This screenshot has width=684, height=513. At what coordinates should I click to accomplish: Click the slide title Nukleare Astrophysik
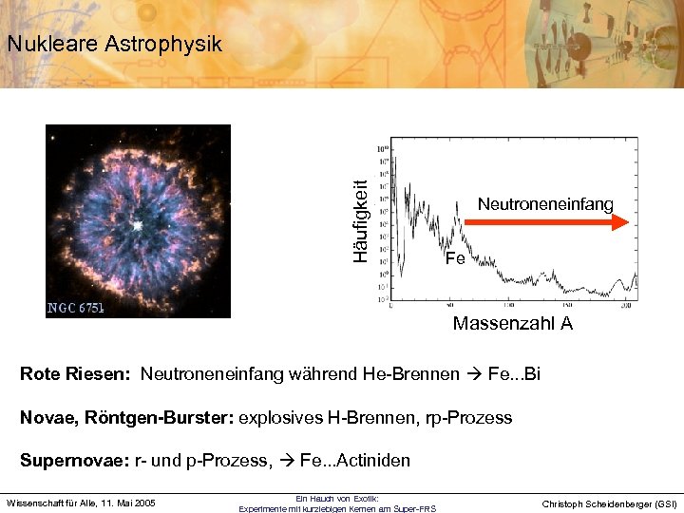click(x=113, y=44)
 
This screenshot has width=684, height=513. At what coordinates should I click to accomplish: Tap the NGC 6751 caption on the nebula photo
click(x=76, y=308)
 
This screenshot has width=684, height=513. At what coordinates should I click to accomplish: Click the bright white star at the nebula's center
click(x=139, y=226)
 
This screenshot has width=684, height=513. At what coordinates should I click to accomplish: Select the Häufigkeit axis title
click(x=360, y=220)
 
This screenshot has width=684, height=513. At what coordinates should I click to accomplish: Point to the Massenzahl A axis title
click(x=512, y=324)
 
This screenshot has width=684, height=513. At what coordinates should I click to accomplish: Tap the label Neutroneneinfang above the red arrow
click(x=545, y=204)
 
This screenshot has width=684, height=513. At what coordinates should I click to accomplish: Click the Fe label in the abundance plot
click(x=455, y=257)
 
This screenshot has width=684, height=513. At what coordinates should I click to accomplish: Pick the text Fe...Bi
click(x=514, y=374)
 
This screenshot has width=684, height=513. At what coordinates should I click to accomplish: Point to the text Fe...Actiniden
click(x=354, y=461)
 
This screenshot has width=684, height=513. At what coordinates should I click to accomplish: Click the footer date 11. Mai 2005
click(x=121, y=503)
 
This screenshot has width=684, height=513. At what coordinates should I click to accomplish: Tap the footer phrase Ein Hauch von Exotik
click(x=337, y=498)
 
